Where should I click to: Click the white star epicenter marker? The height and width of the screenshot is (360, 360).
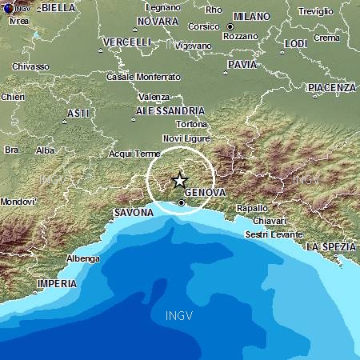coord(179,180)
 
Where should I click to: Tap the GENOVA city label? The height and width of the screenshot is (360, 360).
coord(206,194)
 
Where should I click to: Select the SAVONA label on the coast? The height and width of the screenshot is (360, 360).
coord(133,213)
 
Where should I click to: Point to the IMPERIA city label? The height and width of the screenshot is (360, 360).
coord(57,284)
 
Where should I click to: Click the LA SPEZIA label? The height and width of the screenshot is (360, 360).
coord(329,245)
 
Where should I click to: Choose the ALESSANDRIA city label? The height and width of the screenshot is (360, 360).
coord(168,110)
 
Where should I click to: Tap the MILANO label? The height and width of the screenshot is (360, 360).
coord(251,16)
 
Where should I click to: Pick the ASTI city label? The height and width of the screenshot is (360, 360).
coord(77,113)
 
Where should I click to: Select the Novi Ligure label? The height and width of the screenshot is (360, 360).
coord(186,138)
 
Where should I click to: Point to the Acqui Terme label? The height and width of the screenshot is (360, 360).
coord(130,152)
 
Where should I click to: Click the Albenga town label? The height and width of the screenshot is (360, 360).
coord(82,258)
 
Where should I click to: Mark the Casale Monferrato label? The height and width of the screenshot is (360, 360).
coord(143,77)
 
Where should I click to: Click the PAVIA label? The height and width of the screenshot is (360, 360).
coord(242,64)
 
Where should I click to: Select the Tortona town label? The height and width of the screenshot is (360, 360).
coord(192,124)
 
